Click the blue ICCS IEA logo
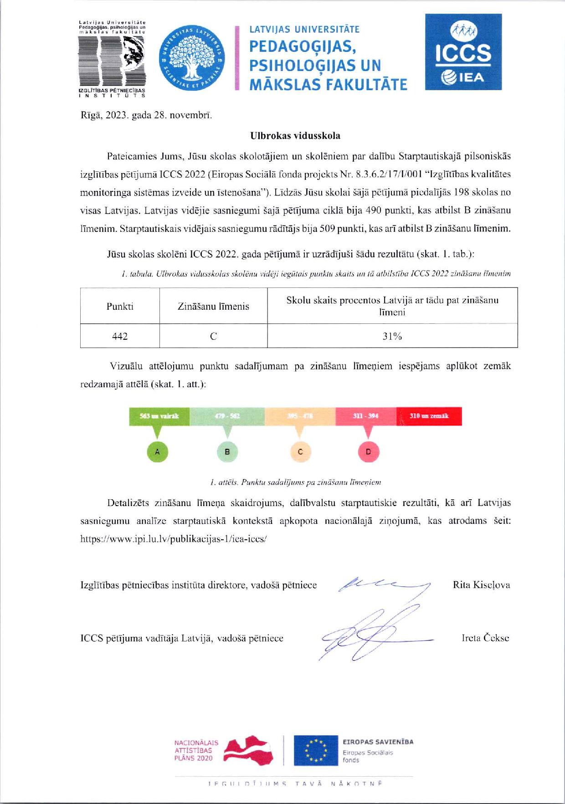click(463, 51)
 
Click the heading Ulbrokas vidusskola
click(295, 136)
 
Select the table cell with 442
click(120, 336)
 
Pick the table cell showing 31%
click(392, 336)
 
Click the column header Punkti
click(120, 306)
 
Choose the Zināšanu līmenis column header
click(213, 306)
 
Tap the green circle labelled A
click(158, 452)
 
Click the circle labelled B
click(227, 452)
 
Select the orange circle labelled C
click(300, 452)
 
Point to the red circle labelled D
click(369, 452)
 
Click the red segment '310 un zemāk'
click(429, 416)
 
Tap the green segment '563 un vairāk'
click(159, 416)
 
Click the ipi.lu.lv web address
click(173, 538)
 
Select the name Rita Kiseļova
click(481, 585)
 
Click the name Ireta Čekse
click(485, 638)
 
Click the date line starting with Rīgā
click(146, 115)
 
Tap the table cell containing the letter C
click(213, 336)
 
